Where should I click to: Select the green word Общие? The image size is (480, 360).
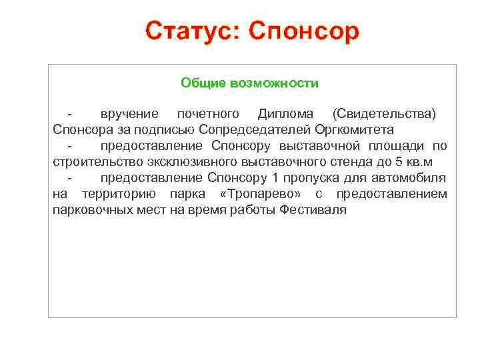pos(203,83)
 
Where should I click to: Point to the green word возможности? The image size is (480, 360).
pos(273,83)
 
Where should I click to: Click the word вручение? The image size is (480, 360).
pos(129,113)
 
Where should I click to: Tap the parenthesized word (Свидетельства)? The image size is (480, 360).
pos(384,113)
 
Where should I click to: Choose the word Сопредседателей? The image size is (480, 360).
pos(247,129)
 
